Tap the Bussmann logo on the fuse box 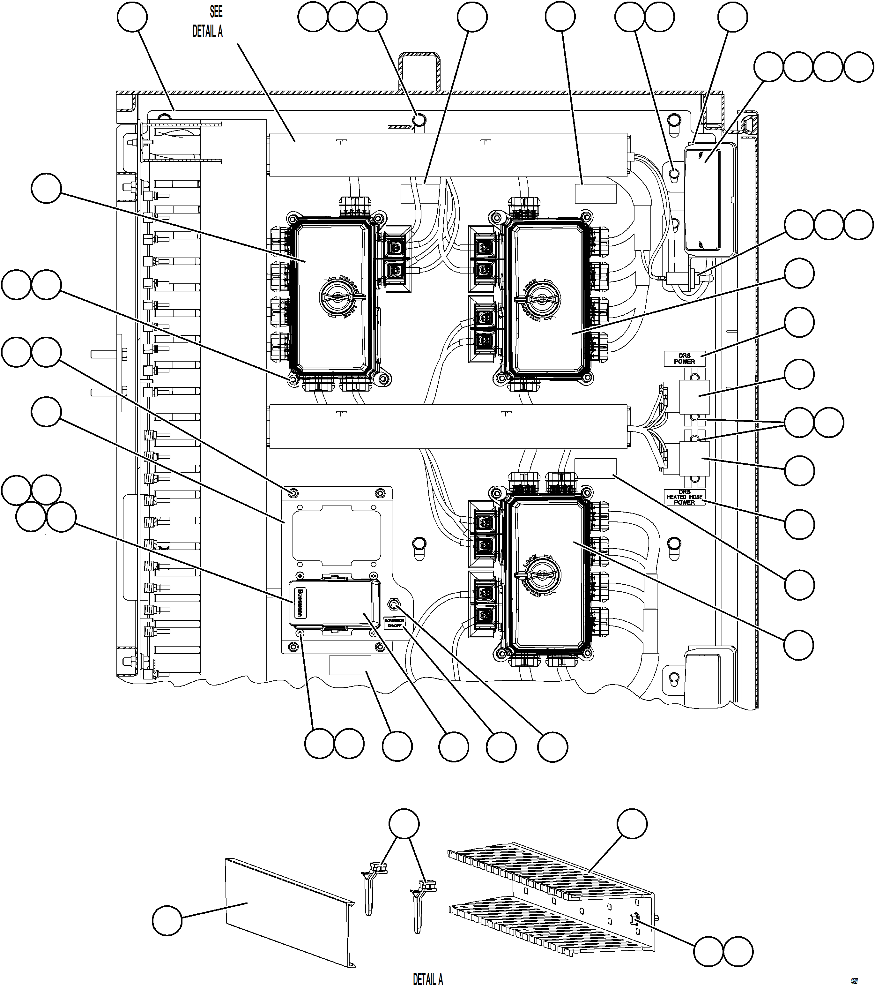tap(300, 603)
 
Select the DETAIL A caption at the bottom tap(427, 979)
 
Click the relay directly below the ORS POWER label tap(694, 397)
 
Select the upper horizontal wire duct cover tap(448, 154)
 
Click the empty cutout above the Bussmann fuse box tap(337, 536)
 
